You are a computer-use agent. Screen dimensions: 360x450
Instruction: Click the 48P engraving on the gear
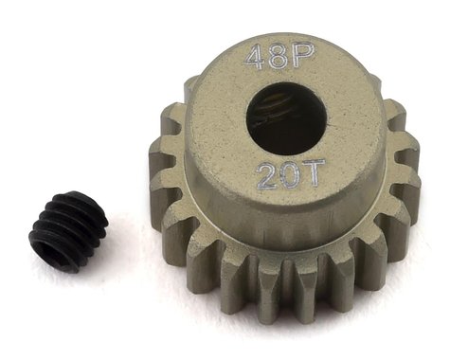point(268,57)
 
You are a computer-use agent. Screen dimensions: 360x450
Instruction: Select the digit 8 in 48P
point(269,57)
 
